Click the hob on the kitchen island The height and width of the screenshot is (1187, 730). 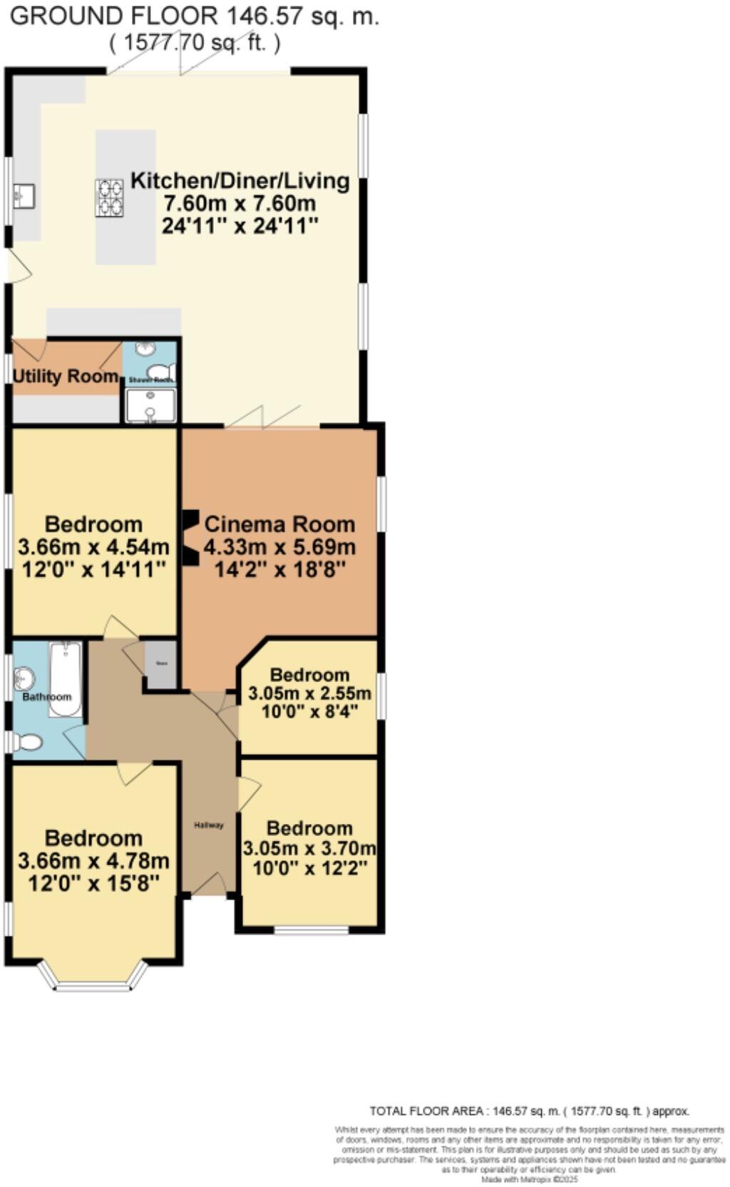[109, 197]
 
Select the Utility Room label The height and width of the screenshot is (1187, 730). [66, 376]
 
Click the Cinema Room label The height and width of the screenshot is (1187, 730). [279, 524]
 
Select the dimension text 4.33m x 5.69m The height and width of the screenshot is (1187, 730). [279, 547]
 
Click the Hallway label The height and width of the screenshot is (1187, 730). [209, 825]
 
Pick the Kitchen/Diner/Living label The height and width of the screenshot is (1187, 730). [240, 180]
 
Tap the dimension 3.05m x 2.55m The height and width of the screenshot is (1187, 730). [309, 693]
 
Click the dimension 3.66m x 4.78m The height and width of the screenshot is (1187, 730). [93, 860]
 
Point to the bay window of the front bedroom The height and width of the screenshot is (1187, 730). [93, 981]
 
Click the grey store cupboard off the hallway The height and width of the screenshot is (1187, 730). [161, 664]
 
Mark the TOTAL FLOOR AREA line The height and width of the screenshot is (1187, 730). [529, 1111]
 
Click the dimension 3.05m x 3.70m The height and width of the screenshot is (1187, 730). [309, 849]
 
